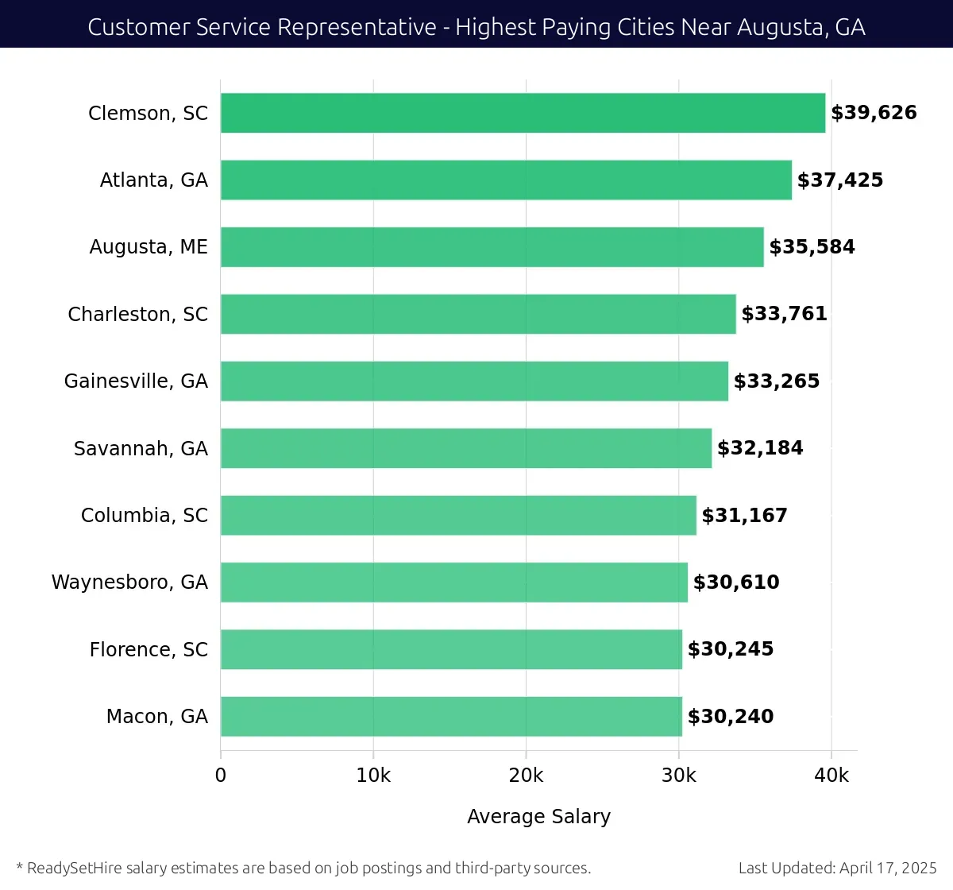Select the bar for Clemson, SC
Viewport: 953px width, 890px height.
pos(523,113)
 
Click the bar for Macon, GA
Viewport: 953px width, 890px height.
pos(451,716)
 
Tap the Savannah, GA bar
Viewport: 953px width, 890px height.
pos(466,448)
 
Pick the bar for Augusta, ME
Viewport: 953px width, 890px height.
pos(492,247)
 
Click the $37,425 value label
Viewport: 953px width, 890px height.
pos(840,180)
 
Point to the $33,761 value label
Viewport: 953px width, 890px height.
pos(784,314)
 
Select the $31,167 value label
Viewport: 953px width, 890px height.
pos(744,516)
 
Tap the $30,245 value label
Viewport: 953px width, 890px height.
pos(731,649)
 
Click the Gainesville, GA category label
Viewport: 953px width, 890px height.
pos(136,381)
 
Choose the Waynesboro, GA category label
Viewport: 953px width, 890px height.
pos(129,582)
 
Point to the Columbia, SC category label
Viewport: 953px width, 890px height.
pos(145,516)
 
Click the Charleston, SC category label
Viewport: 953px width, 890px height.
pos(138,315)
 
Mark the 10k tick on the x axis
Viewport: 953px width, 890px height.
pos(373,776)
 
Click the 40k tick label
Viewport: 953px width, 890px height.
pos(831,776)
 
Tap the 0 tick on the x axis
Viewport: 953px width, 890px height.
pos(221,776)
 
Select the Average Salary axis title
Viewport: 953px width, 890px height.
pos(538,817)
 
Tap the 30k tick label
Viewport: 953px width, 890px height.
pos(679,776)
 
